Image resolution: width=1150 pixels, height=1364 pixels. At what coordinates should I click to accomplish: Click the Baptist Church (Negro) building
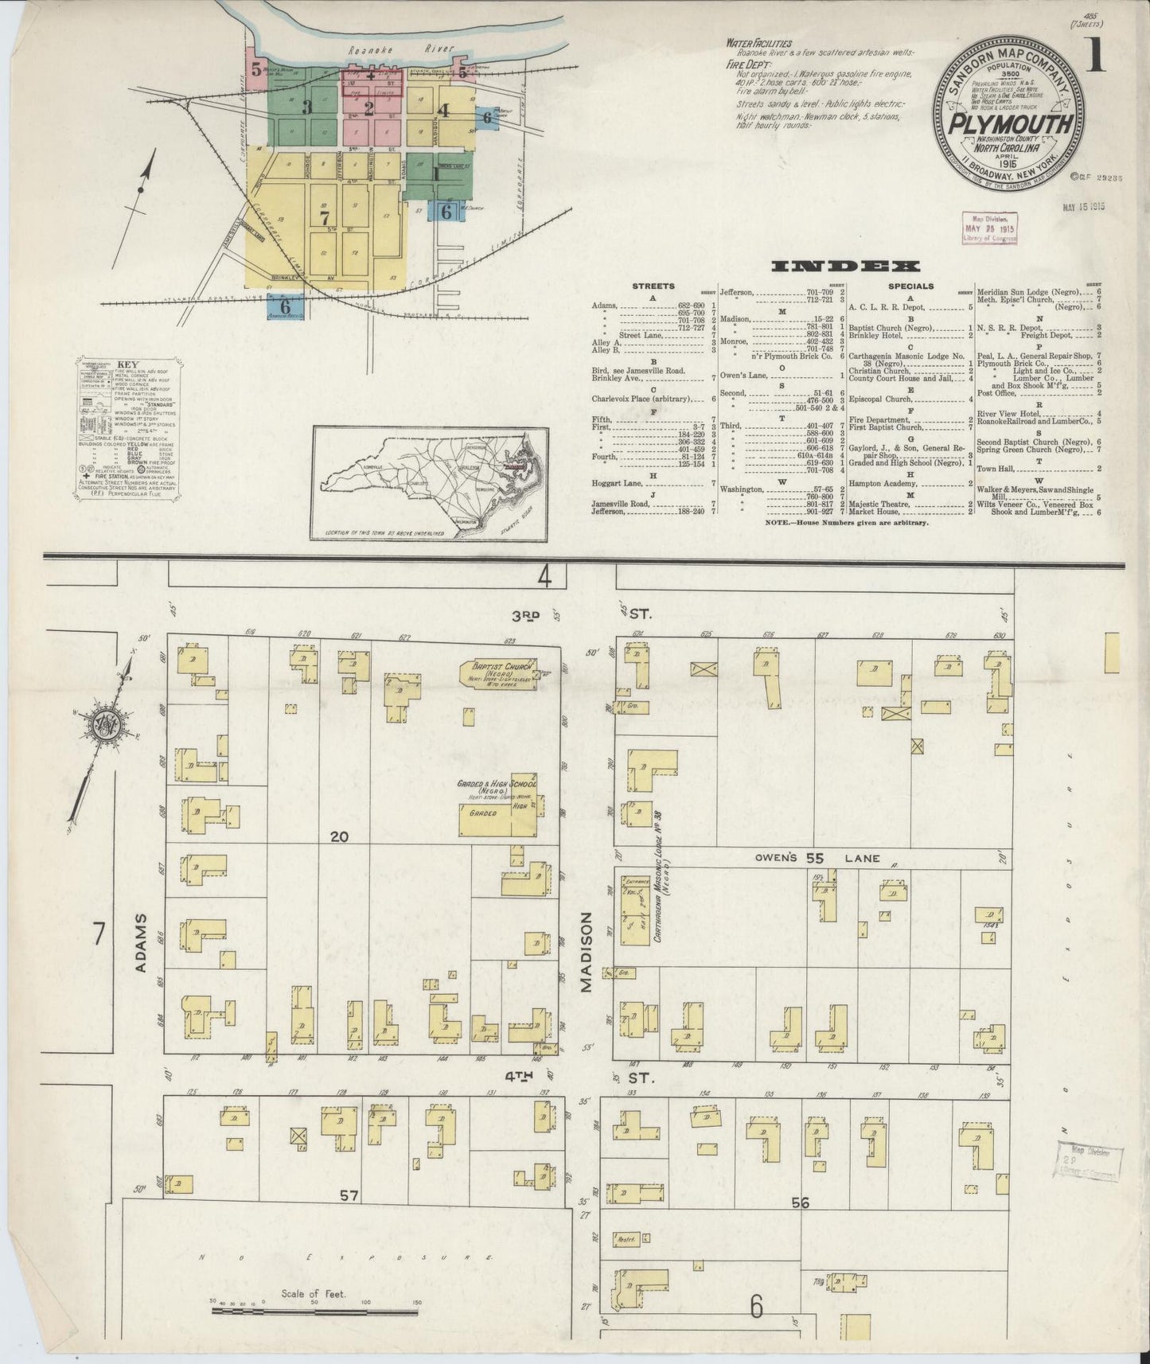501,674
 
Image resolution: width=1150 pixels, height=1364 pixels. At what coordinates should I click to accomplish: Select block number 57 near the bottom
347,1194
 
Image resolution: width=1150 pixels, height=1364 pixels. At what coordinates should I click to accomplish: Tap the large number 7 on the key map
324,216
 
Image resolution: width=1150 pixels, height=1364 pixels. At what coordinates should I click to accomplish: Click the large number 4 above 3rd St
545,576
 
